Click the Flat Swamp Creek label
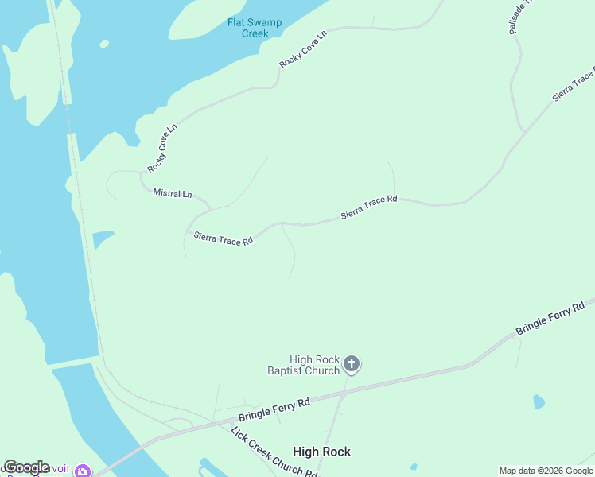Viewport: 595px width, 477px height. pyautogui.click(x=255, y=28)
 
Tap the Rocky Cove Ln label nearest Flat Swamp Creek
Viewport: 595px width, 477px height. pyautogui.click(x=303, y=50)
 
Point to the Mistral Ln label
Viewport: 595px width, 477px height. pyautogui.click(x=173, y=193)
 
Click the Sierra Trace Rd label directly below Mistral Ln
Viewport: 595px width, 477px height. pyautogui.click(x=224, y=237)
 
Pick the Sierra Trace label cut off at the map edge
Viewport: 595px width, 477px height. pyautogui.click(x=574, y=85)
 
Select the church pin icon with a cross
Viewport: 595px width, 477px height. pyautogui.click(x=352, y=365)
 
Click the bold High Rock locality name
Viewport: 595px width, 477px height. pyautogui.click(x=321, y=452)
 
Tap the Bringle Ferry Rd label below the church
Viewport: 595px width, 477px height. pyautogui.click(x=274, y=411)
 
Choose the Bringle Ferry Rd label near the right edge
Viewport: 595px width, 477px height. pyautogui.click(x=550, y=317)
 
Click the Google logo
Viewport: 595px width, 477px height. pyautogui.click(x=26, y=467)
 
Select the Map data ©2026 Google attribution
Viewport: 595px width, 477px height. pyautogui.click(x=546, y=471)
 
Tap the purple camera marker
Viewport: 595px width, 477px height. pyautogui.click(x=83, y=471)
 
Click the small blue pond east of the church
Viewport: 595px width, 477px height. pyautogui.click(x=539, y=401)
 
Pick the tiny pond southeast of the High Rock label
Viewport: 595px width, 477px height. pyautogui.click(x=414, y=467)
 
